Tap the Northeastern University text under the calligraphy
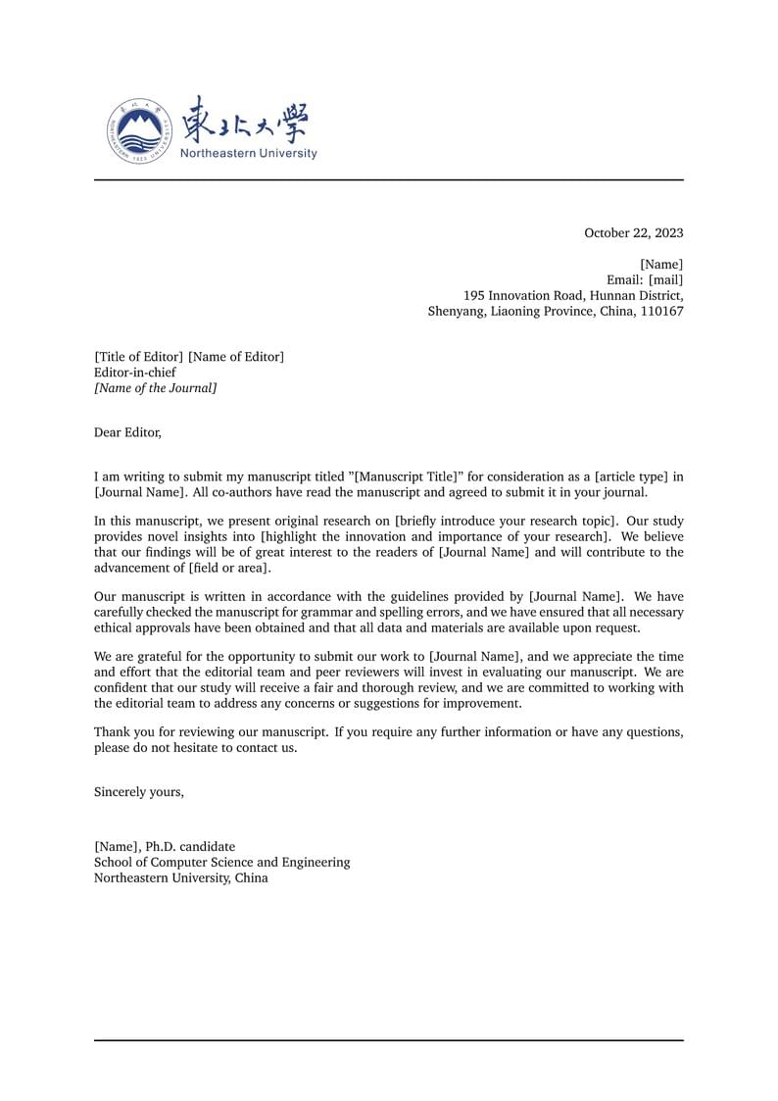pyautogui.click(x=249, y=153)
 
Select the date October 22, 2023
pyautogui.click(x=633, y=233)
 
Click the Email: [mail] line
pyautogui.click(x=645, y=280)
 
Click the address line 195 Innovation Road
pyautogui.click(x=572, y=296)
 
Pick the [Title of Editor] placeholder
pyautogui.click(x=138, y=357)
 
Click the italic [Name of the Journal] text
pyautogui.click(x=155, y=388)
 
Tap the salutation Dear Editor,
pyautogui.click(x=127, y=431)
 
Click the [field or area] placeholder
pyautogui.click(x=230, y=569)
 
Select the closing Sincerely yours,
pyautogui.click(x=138, y=792)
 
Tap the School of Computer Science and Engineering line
pyautogui.click(x=221, y=863)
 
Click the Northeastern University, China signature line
pyautogui.click(x=180, y=878)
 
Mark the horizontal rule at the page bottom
pyautogui.click(x=388, y=1040)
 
